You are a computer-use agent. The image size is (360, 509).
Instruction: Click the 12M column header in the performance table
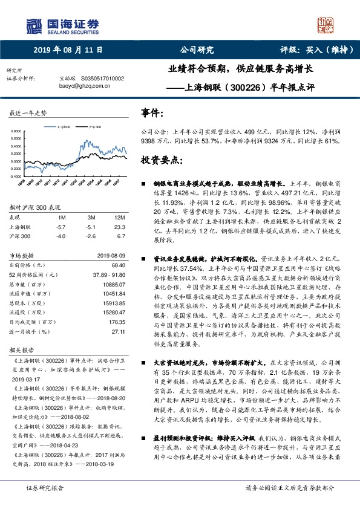pyautogui.click(x=119, y=216)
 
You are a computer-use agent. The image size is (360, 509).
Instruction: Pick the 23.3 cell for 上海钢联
pyautogui.click(x=119, y=226)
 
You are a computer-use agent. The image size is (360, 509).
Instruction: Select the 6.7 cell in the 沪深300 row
pyautogui.click(x=120, y=235)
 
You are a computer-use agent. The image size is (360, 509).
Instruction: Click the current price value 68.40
pyautogui.click(x=117, y=265)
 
